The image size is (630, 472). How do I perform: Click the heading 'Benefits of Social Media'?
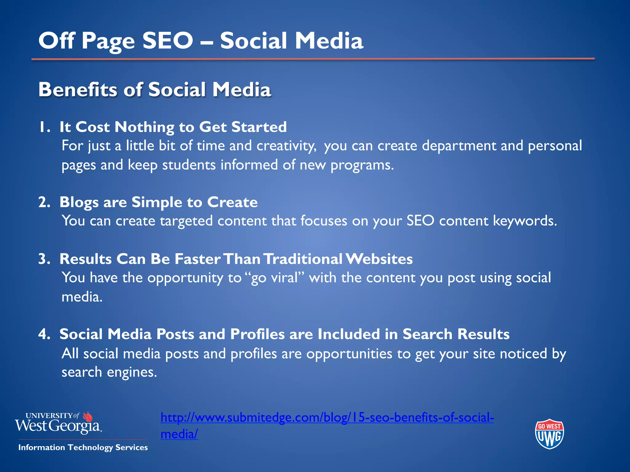pos(155,90)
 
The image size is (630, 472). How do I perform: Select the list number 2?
pos(44,203)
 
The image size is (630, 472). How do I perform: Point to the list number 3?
pos(44,259)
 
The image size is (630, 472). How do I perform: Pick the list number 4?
pos(44,334)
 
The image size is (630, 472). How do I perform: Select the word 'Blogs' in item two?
pos(79,203)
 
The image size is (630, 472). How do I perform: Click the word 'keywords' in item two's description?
pos(525,221)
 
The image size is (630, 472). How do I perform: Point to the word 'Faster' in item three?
pos(197,259)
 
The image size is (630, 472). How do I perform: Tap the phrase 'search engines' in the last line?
pos(109,372)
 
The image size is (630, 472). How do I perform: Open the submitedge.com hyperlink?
pos(327,418)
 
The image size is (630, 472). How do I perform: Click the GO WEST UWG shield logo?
pos(549,434)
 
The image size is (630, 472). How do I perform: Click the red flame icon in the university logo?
pos(88,417)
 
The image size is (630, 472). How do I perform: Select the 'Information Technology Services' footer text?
pos(83,447)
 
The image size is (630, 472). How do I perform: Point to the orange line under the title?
pos(313,59)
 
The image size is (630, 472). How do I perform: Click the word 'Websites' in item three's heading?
pos(379,259)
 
